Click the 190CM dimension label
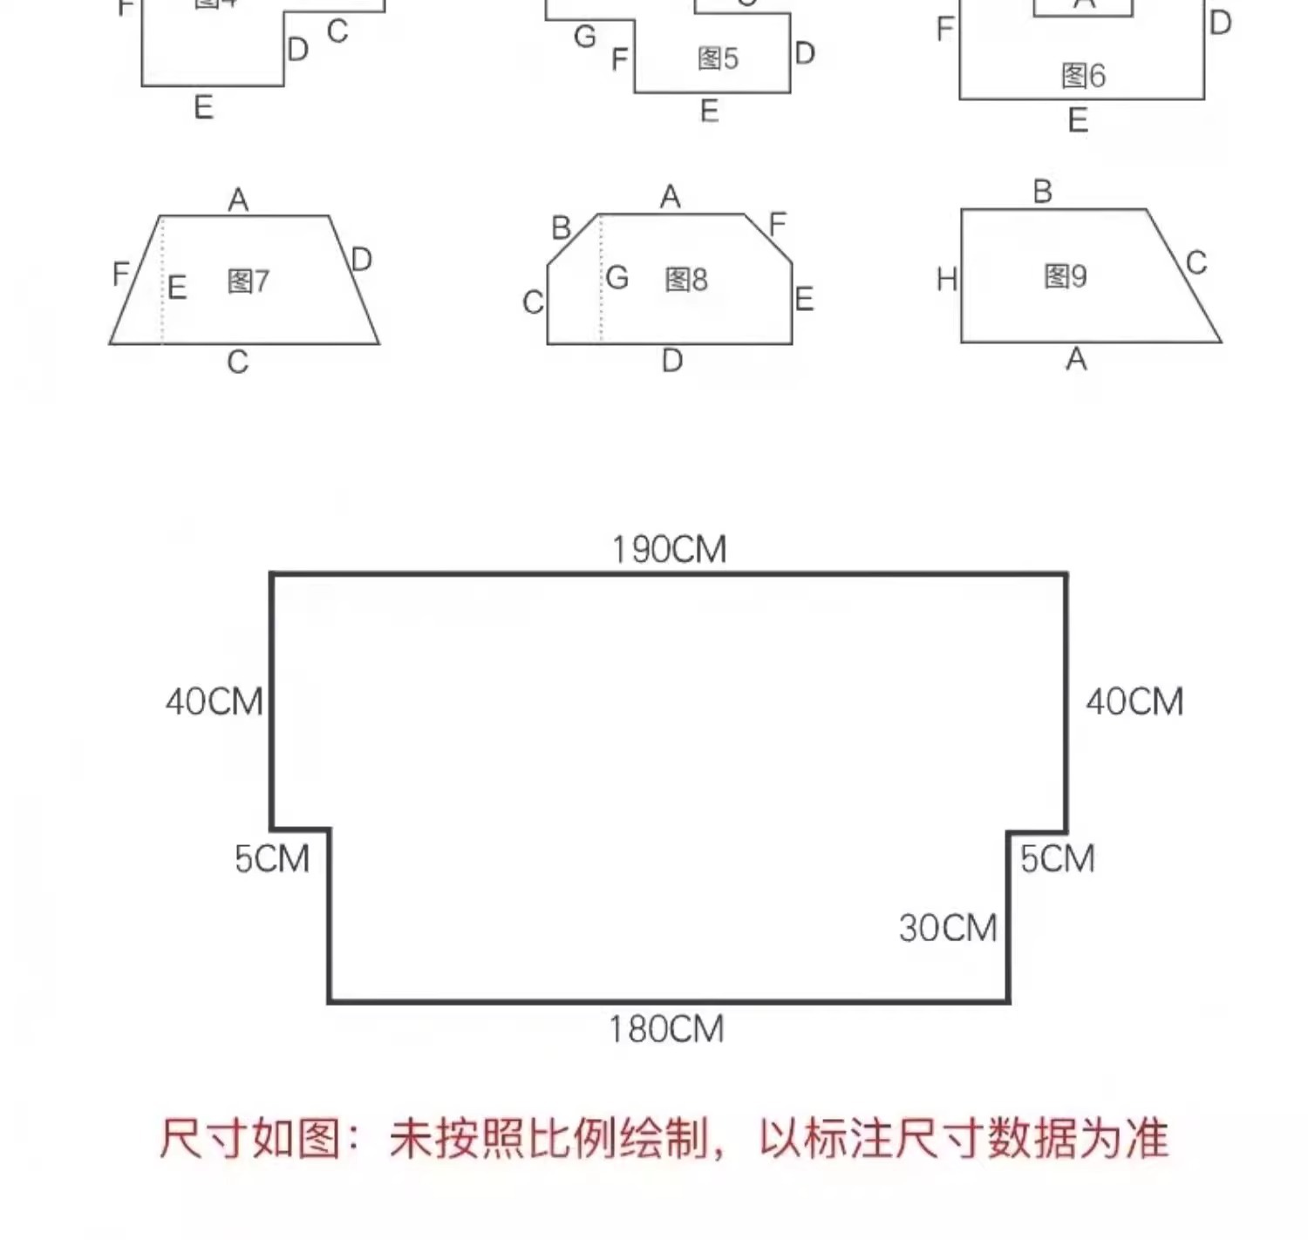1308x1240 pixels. pyautogui.click(x=669, y=550)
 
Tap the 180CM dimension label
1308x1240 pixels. pyautogui.click(x=666, y=1029)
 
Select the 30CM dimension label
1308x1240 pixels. pyautogui.click(x=948, y=928)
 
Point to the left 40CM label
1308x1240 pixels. pyautogui.click(x=215, y=701)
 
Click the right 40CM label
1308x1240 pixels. pyautogui.click(x=1134, y=701)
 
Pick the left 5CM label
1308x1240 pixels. pyautogui.click(x=272, y=859)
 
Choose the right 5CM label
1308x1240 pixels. pyautogui.click(x=1057, y=859)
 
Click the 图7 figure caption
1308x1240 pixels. pyautogui.click(x=248, y=281)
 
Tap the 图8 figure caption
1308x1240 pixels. pyautogui.click(x=686, y=280)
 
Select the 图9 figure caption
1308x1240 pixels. pyautogui.click(x=1066, y=277)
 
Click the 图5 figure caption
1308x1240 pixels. pyautogui.click(x=718, y=58)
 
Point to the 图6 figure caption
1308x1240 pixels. pyautogui.click(x=1083, y=76)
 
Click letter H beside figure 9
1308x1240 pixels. pyautogui.click(x=947, y=280)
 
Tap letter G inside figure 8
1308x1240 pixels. pyautogui.click(x=617, y=278)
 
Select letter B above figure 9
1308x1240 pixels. pyautogui.click(x=1042, y=192)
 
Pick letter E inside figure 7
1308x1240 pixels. pyautogui.click(x=177, y=288)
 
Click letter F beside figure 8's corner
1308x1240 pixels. pyautogui.click(x=777, y=225)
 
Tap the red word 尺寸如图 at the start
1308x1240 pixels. pyautogui.click(x=249, y=1139)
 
